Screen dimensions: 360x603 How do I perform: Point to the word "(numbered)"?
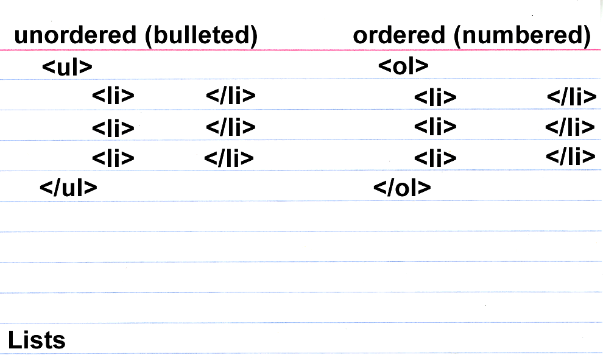point(522,36)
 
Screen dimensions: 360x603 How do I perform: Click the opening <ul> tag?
point(67,66)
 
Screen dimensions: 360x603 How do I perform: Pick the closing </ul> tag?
point(68,187)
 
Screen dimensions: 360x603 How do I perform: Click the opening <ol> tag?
point(403,66)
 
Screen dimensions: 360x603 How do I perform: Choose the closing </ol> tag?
point(402,188)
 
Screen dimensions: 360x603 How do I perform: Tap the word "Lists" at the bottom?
point(37,339)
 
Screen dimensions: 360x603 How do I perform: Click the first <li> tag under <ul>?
point(113,96)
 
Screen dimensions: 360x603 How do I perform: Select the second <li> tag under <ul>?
point(113,127)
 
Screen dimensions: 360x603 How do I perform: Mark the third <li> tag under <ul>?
point(113,158)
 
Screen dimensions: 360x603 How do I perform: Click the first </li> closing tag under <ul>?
point(230,96)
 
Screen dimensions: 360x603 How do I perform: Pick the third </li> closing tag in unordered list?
point(228,158)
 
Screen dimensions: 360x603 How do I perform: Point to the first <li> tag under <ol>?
point(435,97)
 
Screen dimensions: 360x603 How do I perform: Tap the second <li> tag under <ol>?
point(435,127)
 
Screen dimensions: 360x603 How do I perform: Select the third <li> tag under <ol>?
point(435,158)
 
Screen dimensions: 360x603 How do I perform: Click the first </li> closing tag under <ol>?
point(571,97)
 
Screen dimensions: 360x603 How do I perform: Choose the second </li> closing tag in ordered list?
point(569,127)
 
